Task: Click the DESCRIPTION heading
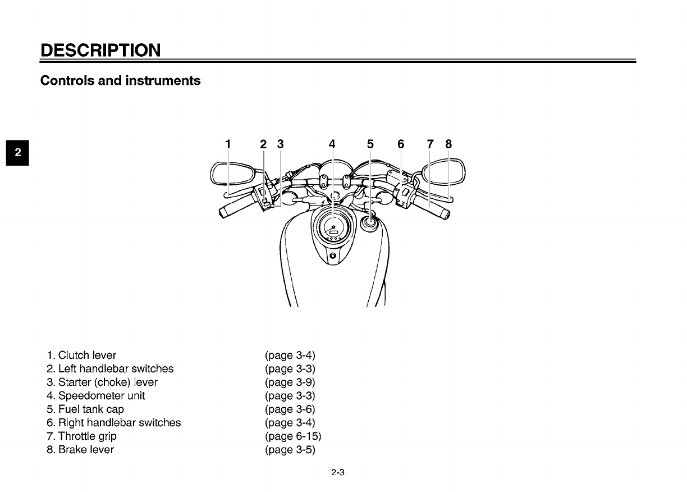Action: [x=100, y=50]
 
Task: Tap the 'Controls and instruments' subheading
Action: [x=120, y=81]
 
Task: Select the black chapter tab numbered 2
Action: [x=19, y=152]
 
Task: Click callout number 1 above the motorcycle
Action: [x=227, y=144]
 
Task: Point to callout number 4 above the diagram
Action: [x=332, y=144]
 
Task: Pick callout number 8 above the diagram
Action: [x=448, y=144]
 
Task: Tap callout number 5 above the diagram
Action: [x=370, y=144]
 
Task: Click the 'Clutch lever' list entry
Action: [x=82, y=356]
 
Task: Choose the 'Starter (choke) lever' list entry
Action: [x=102, y=382]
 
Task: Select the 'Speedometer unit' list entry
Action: [x=96, y=396]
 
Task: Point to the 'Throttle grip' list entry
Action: [x=82, y=436]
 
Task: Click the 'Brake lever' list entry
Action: [x=80, y=450]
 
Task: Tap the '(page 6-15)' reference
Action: [x=293, y=436]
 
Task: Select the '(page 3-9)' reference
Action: [x=290, y=382]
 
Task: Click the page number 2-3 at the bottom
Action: [x=337, y=473]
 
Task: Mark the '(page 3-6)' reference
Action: [x=290, y=409]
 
